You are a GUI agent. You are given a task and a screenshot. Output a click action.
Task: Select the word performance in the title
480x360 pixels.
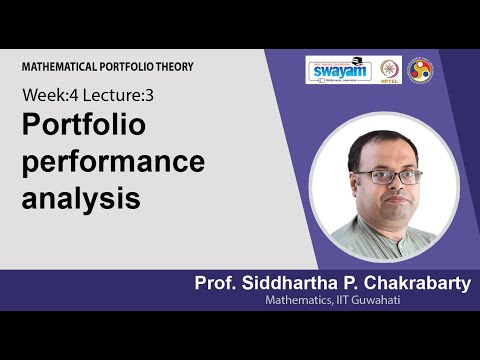point(113,161)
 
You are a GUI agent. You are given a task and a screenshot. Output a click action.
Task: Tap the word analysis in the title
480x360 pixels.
point(80,196)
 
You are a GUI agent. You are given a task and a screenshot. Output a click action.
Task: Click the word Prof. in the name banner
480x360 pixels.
point(217,284)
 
